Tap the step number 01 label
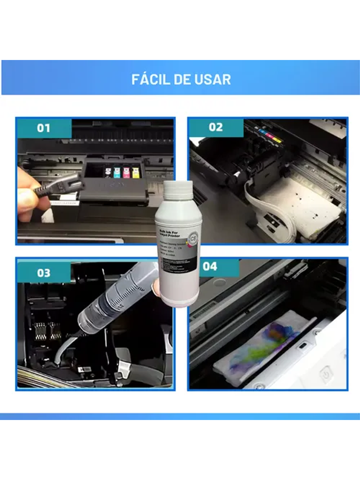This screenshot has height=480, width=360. (x=44, y=128)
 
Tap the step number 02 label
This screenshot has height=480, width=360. (x=216, y=127)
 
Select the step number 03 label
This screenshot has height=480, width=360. (x=44, y=273)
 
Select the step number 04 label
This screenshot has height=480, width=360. (x=210, y=267)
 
